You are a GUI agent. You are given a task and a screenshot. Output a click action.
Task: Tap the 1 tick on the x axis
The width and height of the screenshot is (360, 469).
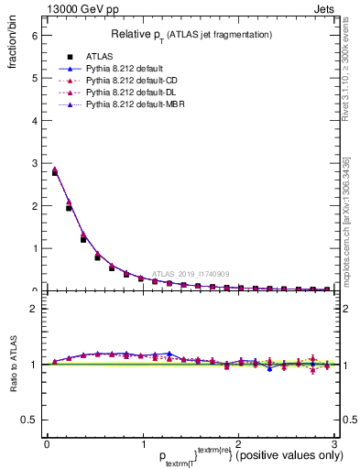click(x=142, y=445)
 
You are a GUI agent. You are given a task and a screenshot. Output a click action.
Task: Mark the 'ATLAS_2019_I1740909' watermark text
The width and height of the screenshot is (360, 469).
click(x=193, y=273)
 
